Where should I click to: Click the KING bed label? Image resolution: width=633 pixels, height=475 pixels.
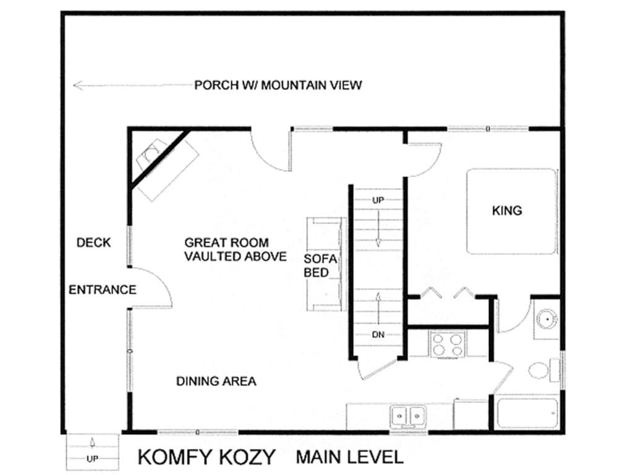click(x=507, y=210)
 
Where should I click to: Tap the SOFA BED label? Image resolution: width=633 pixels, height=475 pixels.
click(x=320, y=266)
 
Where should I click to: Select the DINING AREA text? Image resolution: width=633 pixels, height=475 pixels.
click(x=216, y=381)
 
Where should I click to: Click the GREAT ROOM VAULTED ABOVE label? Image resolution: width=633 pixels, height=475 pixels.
click(x=236, y=249)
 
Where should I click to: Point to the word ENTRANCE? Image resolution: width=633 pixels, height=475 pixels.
click(x=103, y=289)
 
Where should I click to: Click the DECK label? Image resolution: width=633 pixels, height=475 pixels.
click(x=94, y=242)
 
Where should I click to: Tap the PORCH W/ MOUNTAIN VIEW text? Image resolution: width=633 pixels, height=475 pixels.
click(x=278, y=85)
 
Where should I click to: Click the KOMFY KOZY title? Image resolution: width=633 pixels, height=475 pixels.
click(x=206, y=457)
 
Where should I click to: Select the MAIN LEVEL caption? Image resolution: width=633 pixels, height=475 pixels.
click(x=350, y=457)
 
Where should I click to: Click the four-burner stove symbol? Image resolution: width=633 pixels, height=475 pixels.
click(x=448, y=344)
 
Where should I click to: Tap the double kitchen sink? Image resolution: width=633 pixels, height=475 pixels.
click(x=408, y=416)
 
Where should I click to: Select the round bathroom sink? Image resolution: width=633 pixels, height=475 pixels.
click(x=547, y=319)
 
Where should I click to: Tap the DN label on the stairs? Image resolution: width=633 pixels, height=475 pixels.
click(x=378, y=335)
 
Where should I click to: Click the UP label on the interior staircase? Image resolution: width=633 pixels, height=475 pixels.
click(x=378, y=200)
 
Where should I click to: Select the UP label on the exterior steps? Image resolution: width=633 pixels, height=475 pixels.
click(x=93, y=459)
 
